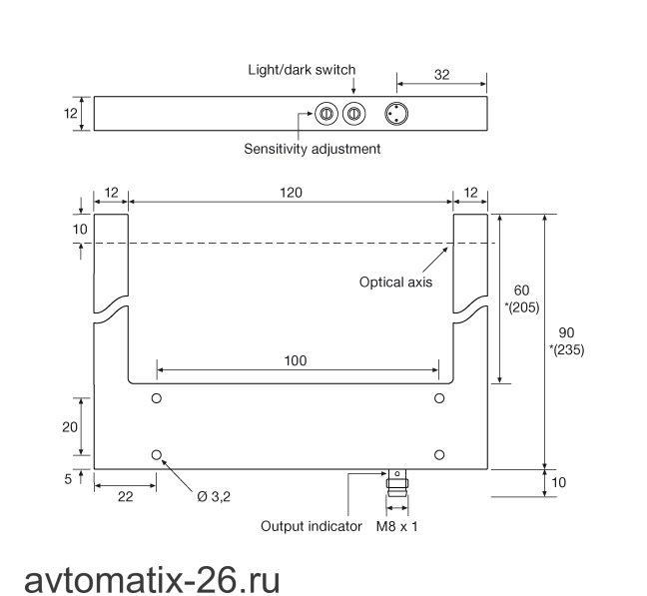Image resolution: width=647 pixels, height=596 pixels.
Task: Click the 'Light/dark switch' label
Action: click(x=302, y=70)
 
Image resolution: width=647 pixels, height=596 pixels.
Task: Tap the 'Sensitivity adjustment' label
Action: click(x=312, y=149)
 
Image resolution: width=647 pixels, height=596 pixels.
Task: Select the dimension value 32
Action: click(x=441, y=75)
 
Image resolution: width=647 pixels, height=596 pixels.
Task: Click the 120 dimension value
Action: click(x=291, y=193)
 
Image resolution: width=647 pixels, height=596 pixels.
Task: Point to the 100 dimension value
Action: click(x=296, y=360)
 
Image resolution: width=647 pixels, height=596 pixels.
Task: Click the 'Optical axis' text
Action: click(x=395, y=283)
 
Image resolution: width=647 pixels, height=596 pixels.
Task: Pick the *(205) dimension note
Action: click(x=522, y=307)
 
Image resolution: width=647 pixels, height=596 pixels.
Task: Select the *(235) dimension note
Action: click(x=566, y=349)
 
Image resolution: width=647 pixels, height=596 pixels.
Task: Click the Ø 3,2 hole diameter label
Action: click(x=214, y=497)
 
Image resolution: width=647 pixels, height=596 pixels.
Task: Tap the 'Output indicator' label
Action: click(x=312, y=526)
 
